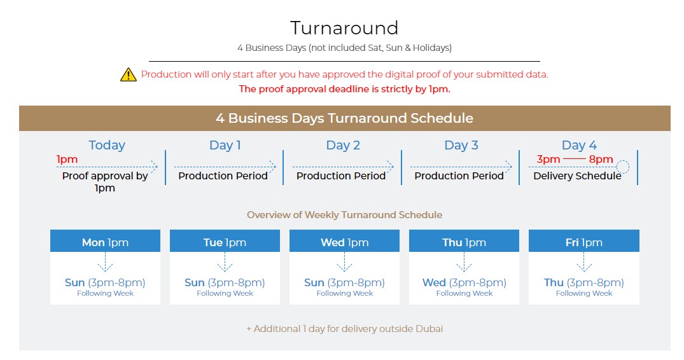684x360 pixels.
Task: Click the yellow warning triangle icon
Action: click(129, 75)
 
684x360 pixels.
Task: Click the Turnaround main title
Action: click(344, 28)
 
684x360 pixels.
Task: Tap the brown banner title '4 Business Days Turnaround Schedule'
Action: click(344, 118)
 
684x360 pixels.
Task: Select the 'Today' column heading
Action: click(107, 145)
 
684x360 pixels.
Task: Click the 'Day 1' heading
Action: click(225, 145)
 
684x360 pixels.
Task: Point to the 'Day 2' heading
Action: click(344, 145)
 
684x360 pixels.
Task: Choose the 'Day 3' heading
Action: click(461, 145)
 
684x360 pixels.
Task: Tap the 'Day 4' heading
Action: click(579, 145)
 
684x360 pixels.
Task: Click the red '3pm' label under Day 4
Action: click(548, 160)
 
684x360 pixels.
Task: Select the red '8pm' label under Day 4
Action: click(601, 160)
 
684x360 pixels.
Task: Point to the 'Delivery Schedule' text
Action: click(577, 176)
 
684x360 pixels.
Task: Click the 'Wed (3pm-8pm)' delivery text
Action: click(464, 282)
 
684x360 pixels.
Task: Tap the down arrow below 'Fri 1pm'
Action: click(584, 262)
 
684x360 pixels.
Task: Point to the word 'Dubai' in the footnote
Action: click(429, 329)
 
